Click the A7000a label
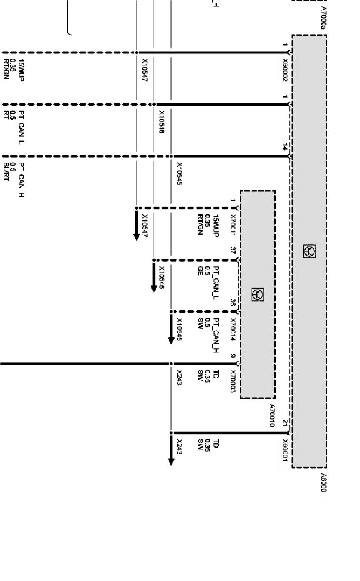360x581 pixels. pos(324,18)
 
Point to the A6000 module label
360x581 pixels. pos(324,483)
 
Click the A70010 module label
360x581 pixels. pos(272,415)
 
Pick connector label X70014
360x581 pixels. pos(233,329)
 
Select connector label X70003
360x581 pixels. pos(233,381)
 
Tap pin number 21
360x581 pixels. pos(285,423)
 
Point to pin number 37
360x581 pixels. pos(233,250)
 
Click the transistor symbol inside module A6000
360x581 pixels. pos(310,251)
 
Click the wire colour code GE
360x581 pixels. pos(200,271)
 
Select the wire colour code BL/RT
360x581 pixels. pos(6,171)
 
